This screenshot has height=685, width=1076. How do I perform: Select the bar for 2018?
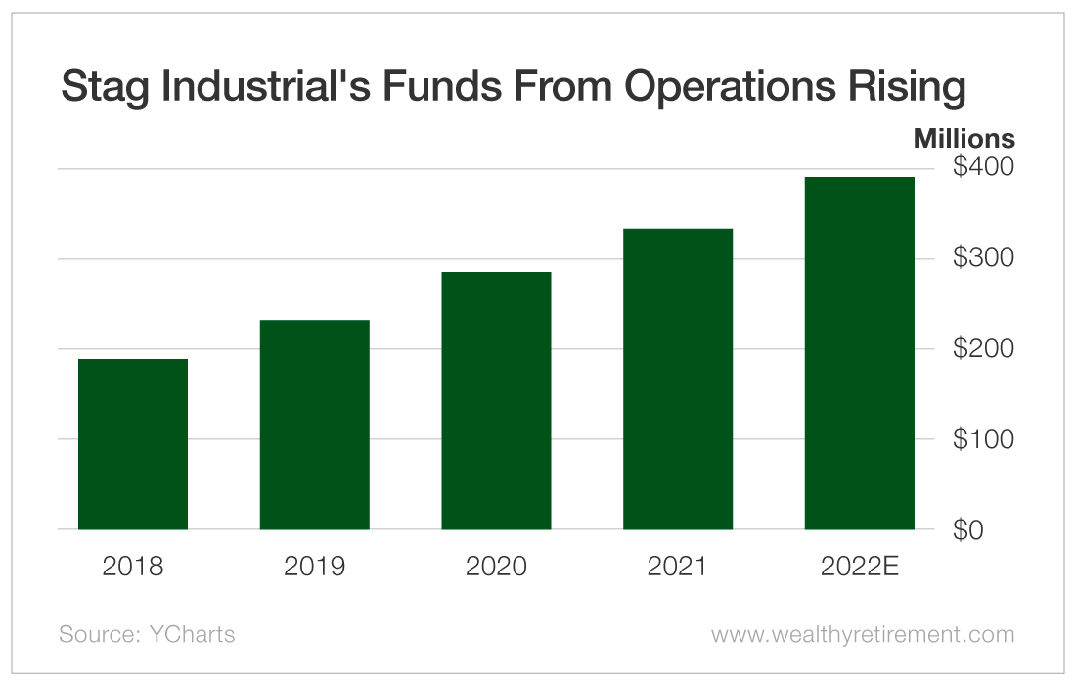point(133,444)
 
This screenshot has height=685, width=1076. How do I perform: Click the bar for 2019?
point(315,425)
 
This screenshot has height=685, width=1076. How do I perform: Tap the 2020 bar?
point(496,400)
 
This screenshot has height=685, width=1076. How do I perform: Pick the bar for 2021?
point(678,379)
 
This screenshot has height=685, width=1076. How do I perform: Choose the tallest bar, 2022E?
point(860,353)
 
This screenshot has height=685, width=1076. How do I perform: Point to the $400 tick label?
point(984,168)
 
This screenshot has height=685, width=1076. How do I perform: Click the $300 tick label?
point(984,258)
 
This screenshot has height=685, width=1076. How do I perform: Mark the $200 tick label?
point(984,349)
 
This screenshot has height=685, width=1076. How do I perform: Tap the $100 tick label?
point(984,439)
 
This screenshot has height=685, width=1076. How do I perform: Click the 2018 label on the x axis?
point(133,567)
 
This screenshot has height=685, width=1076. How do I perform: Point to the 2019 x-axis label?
point(315,567)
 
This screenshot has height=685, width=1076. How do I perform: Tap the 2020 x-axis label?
point(496,567)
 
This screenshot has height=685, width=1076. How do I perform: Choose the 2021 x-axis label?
point(678,567)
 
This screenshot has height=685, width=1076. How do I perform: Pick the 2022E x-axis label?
point(860,567)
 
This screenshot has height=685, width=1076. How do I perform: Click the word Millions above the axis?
point(964,139)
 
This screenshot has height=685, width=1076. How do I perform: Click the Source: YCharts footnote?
point(147,634)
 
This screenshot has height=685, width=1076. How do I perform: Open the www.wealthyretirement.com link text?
point(863,635)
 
